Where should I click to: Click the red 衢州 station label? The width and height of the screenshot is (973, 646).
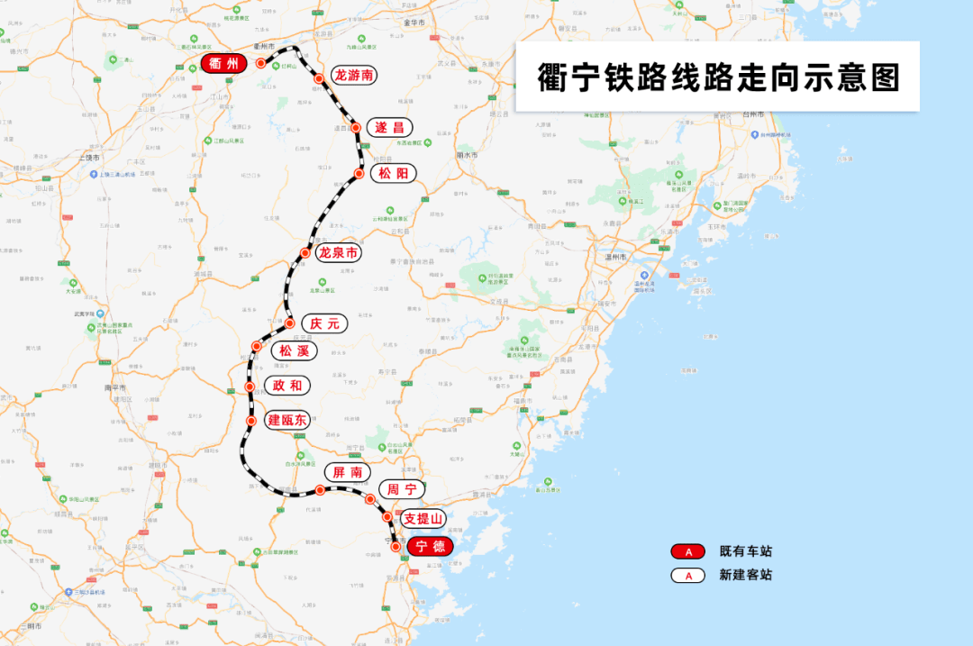[x=223, y=63]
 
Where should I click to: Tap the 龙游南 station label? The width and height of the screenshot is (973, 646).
[x=354, y=76]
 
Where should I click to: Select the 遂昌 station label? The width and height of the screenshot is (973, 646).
[x=389, y=127]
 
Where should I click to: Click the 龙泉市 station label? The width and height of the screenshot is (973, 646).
[x=339, y=253]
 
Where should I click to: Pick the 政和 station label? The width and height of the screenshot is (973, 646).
[x=286, y=386]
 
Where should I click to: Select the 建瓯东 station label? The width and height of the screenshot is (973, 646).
[x=287, y=420]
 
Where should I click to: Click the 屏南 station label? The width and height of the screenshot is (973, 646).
[x=347, y=472]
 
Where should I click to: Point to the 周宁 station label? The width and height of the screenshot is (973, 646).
[x=401, y=490]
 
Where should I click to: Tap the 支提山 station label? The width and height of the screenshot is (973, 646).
[x=423, y=518]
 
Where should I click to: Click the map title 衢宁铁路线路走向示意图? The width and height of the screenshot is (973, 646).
[x=718, y=77]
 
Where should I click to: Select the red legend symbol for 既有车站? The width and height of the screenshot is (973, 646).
[x=688, y=551]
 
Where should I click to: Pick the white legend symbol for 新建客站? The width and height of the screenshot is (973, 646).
[x=688, y=575]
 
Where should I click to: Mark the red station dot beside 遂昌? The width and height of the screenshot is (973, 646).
[x=357, y=128]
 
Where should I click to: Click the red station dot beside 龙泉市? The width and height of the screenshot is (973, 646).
[x=306, y=253]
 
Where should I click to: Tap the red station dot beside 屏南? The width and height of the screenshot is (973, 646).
[x=320, y=490]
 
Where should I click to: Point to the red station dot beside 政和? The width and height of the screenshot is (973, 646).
[x=250, y=387]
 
